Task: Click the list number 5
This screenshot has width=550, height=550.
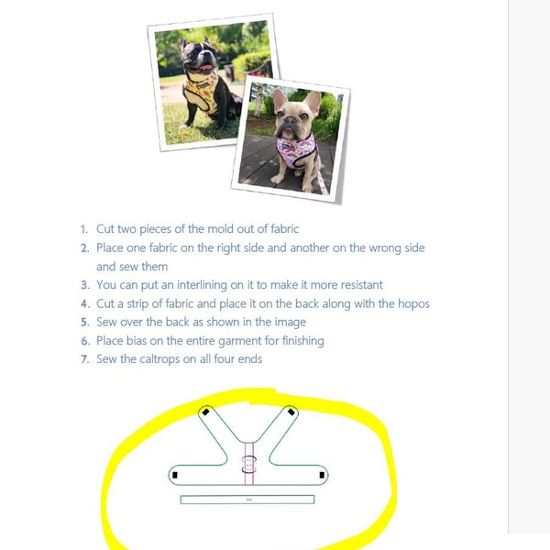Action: click(84, 323)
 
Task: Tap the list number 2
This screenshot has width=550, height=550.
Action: click(84, 248)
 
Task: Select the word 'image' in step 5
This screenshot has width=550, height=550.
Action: click(290, 323)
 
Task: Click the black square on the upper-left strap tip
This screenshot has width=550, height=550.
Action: click(205, 412)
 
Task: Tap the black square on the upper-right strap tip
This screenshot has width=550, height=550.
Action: click(291, 412)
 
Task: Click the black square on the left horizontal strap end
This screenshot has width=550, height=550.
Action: click(175, 475)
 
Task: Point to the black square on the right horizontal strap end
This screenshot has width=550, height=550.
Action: click(321, 475)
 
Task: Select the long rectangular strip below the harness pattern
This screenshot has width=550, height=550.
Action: click(247, 500)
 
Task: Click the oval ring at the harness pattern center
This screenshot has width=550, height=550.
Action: click(247, 460)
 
